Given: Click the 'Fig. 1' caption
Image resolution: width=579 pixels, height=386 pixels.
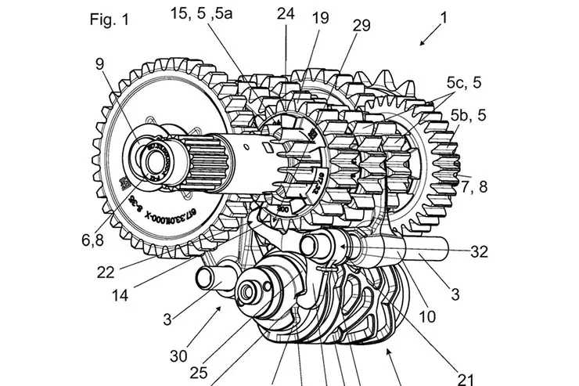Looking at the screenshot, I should [107, 19].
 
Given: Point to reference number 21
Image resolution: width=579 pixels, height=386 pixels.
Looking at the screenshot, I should [466, 359].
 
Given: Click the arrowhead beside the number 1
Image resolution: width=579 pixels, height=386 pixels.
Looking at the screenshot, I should [419, 45].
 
